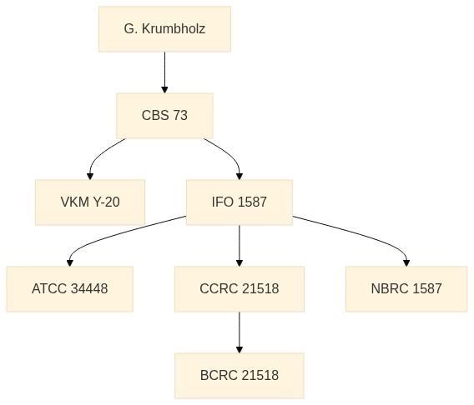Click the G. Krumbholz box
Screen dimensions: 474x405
[x=164, y=29]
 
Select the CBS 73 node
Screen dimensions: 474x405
[x=164, y=116]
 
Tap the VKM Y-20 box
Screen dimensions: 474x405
[x=90, y=202]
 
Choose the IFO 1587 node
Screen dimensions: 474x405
[x=240, y=202]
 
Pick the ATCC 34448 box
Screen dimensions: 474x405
[x=70, y=289]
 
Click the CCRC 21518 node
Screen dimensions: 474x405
[x=240, y=289]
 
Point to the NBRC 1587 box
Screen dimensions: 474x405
[x=406, y=289]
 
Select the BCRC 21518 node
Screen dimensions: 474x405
[x=240, y=376]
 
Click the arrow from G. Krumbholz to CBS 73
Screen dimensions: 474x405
[x=164, y=72]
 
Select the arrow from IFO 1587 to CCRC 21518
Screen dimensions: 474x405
[x=240, y=246]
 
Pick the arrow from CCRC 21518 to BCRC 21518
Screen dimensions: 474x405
[x=240, y=332]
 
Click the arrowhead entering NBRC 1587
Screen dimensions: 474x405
[x=406, y=263]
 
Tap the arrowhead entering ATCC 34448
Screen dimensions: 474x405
[x=70, y=263]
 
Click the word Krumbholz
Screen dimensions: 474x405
[x=174, y=29]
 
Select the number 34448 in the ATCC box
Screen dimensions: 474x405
[x=89, y=289]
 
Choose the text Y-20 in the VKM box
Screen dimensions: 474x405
[x=106, y=202]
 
